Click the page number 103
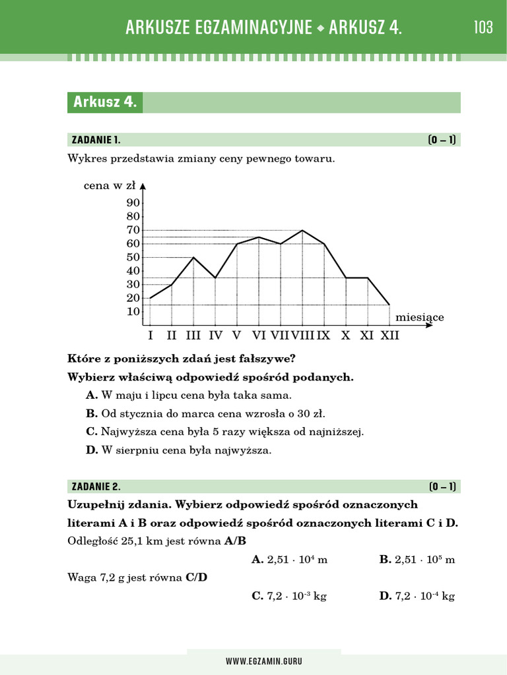coord(483,28)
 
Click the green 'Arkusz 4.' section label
coord(105,102)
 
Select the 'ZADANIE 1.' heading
coord(96,140)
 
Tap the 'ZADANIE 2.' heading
coord(96,487)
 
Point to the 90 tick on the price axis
coord(133,203)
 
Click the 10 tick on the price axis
coord(133,312)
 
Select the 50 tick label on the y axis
coord(133,257)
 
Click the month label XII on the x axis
coord(389,336)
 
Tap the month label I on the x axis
coord(151,336)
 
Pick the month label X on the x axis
coord(345,336)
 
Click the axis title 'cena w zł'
coord(110,186)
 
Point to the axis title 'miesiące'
coord(420,318)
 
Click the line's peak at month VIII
coord(302,231)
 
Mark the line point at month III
coord(193,257)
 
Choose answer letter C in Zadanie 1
coord(92,432)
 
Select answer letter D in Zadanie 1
coord(92,451)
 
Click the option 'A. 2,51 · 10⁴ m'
coord(290,560)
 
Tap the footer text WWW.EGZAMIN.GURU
coord(264,661)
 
